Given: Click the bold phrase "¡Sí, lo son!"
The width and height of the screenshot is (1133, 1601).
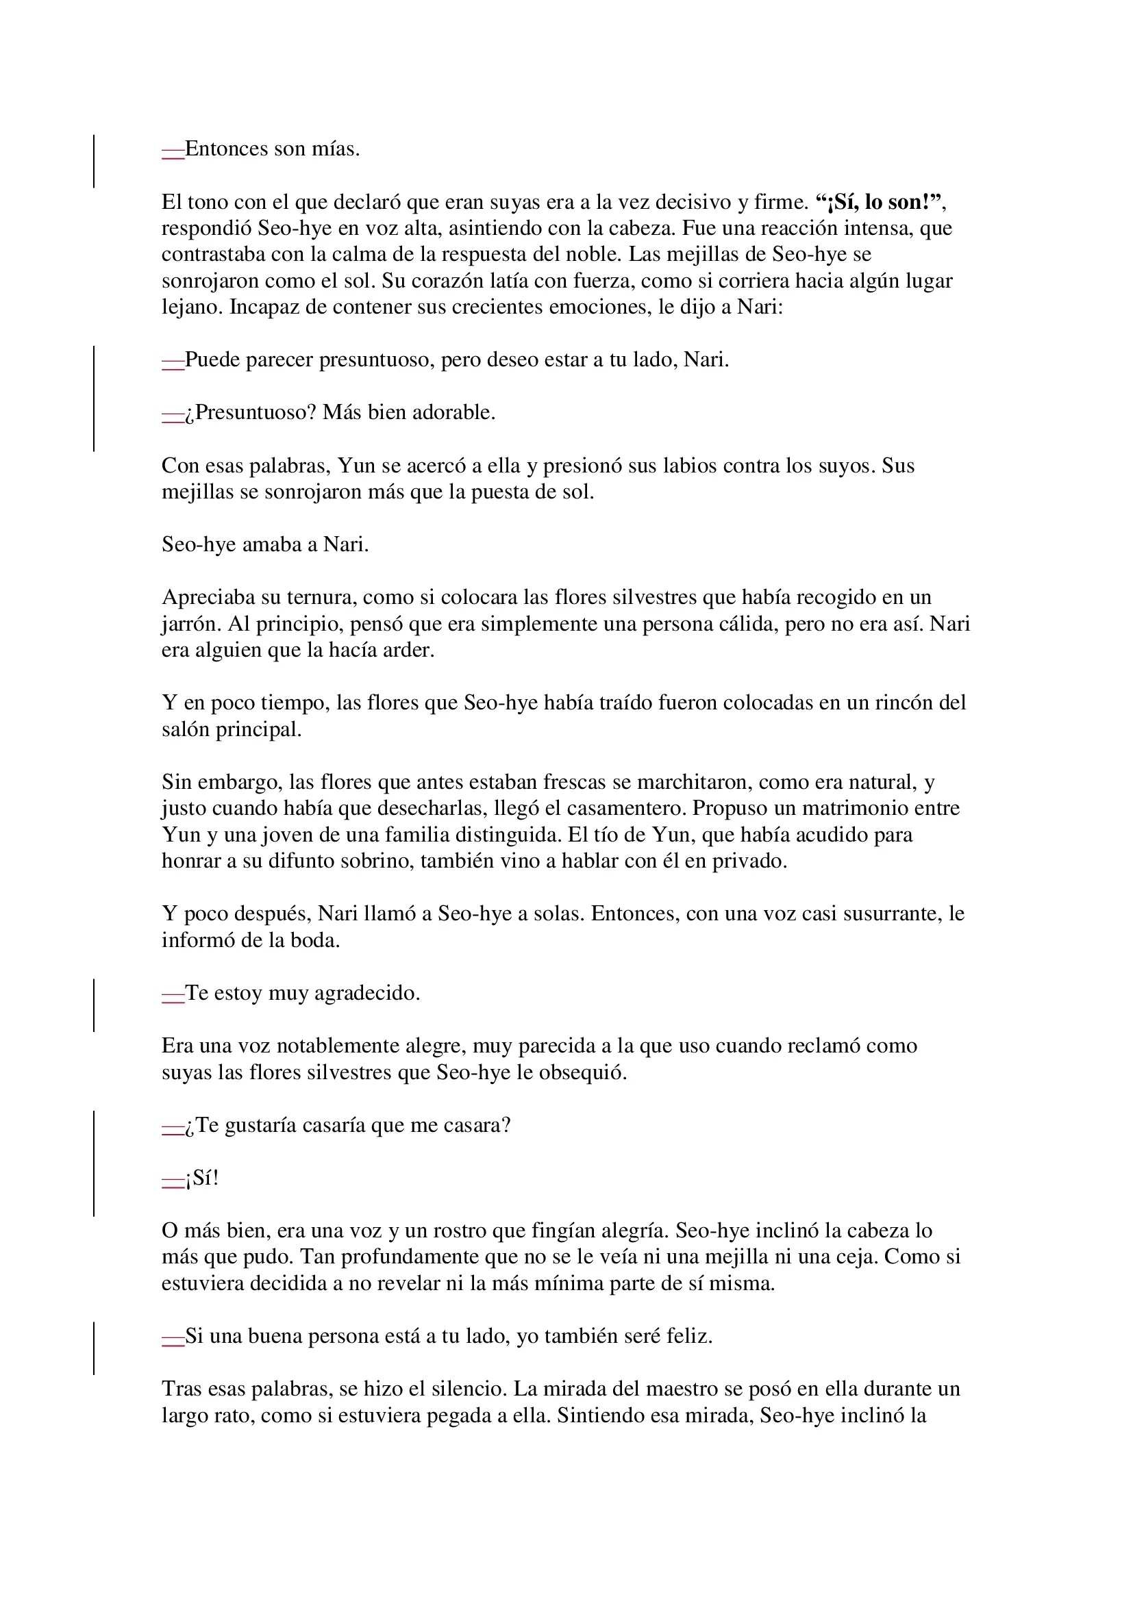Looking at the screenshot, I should (880, 202).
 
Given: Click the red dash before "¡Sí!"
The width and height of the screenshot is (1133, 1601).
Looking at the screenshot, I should (173, 1179).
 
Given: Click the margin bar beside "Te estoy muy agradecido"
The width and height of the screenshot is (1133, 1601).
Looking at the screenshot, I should (94, 1005).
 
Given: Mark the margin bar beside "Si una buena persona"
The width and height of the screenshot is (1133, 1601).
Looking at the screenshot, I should (94, 1348).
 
